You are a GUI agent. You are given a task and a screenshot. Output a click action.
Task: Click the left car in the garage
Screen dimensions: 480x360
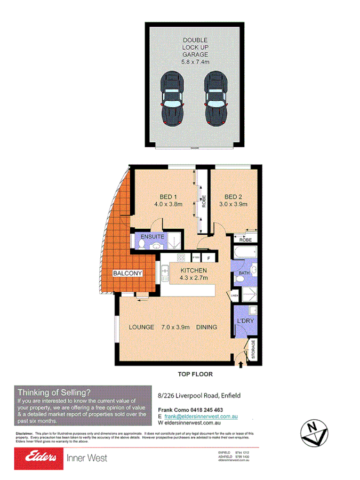point(172,99)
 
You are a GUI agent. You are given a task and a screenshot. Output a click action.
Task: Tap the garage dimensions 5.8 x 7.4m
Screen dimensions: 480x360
point(195,62)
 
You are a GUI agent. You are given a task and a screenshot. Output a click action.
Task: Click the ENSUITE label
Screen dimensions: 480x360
point(152,236)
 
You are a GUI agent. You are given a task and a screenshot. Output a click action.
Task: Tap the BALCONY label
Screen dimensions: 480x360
point(127,273)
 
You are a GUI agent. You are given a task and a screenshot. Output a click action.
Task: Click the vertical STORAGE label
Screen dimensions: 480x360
point(253,350)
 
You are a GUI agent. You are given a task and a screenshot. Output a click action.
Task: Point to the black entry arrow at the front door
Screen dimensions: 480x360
point(241,365)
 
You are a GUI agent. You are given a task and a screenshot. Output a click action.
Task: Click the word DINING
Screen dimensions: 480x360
point(206,327)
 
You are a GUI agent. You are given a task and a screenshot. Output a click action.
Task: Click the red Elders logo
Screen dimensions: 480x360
point(36,458)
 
